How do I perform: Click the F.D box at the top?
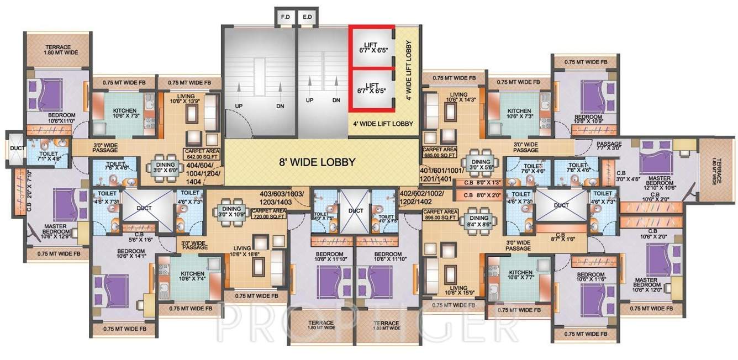(x=285, y=17)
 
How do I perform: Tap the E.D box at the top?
(x=307, y=17)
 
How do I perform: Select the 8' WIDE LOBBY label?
(x=317, y=162)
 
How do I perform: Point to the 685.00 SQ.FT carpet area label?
(x=439, y=152)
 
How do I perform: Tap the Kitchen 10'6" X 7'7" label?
(x=520, y=276)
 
